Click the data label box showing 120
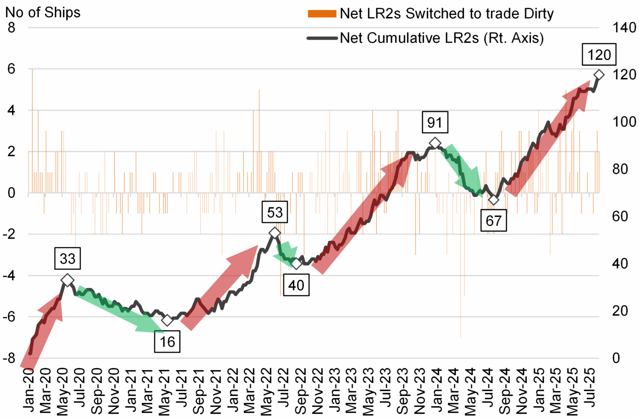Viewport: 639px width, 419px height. (x=599, y=55)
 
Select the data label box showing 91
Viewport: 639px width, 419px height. (x=435, y=122)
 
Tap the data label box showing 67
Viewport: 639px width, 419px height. (x=493, y=221)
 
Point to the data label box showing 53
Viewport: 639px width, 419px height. (x=275, y=212)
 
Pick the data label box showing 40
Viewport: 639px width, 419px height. (x=296, y=285)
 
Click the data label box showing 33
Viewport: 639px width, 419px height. (x=67, y=259)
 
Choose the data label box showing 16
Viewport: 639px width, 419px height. (x=167, y=342)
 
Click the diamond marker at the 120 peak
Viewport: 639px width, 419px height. (x=599, y=75)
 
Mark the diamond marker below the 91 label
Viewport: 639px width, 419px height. (x=435, y=143)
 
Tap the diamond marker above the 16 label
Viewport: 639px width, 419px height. (x=167, y=320)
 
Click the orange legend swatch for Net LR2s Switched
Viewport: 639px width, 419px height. (x=322, y=14)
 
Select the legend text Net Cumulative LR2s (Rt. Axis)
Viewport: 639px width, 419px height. (x=441, y=38)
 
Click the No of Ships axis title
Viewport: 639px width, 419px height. (x=42, y=12)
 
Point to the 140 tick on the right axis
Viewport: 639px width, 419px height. (x=624, y=28)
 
